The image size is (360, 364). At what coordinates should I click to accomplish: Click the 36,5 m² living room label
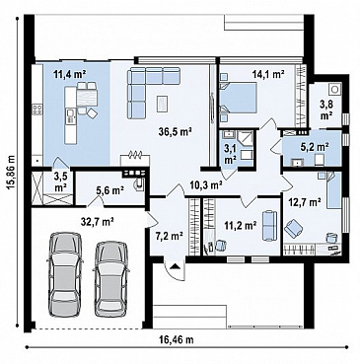coord(174,132)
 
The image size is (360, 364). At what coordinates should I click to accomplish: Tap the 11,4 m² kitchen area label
coord(70,75)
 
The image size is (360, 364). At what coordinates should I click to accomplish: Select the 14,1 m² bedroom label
coord(268,74)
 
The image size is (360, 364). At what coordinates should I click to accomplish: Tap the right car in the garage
coord(111,278)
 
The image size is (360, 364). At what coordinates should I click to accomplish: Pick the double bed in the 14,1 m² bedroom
coord(238,98)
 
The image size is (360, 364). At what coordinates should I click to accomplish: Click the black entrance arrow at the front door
coord(176,266)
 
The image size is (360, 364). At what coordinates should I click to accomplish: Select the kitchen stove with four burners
coord(37,109)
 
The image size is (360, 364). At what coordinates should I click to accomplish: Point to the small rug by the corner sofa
coord(163,103)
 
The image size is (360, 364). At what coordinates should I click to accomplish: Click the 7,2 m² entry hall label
coord(169,236)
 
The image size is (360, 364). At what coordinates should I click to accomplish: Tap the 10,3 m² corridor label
coord(206,185)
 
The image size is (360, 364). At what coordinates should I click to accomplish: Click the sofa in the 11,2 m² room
coord(269,226)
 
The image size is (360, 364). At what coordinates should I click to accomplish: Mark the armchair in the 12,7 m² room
coord(294,229)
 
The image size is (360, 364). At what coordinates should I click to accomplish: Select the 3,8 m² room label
coord(326,109)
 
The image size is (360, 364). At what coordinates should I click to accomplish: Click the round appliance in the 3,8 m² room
coord(335,89)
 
